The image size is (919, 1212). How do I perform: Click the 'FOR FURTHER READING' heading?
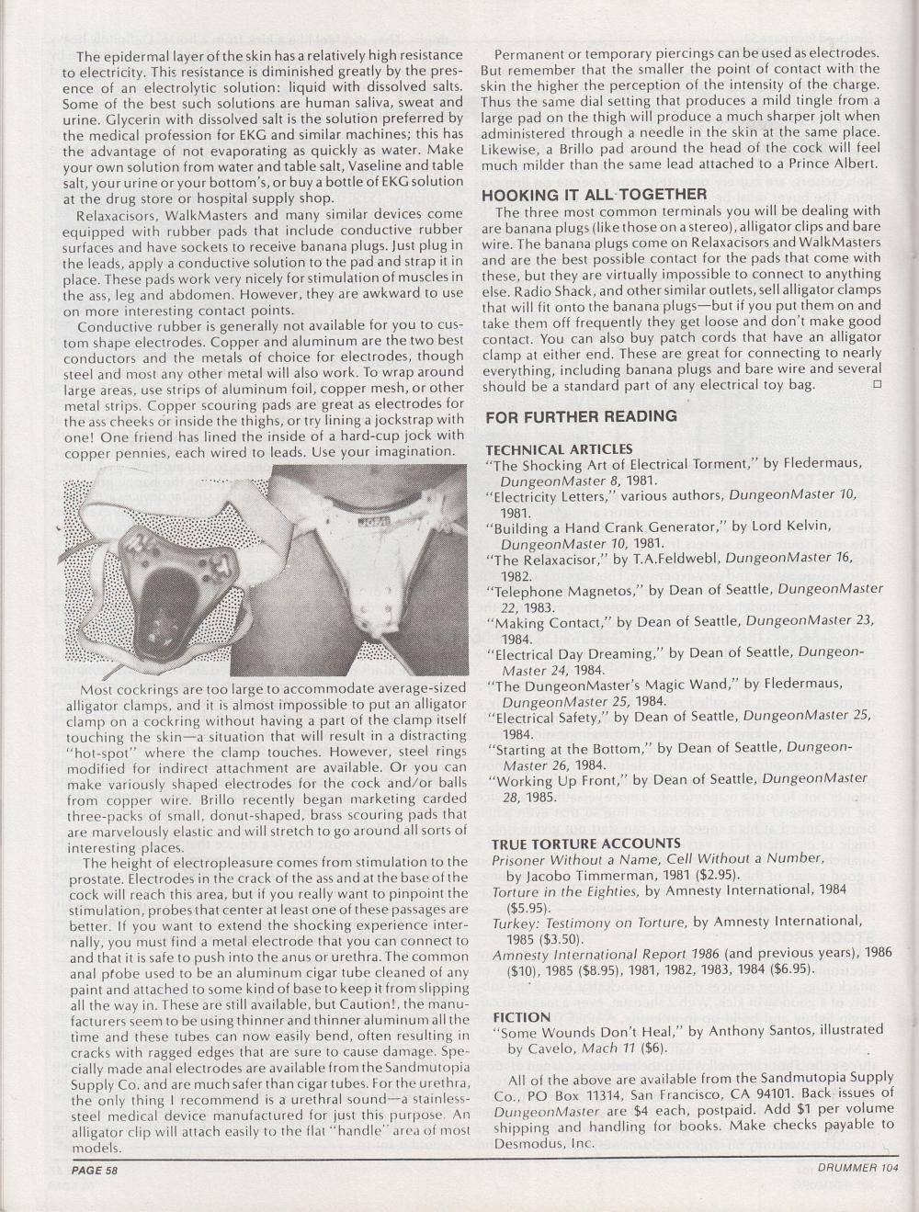[x=581, y=416]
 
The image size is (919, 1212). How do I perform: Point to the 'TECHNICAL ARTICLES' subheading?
[x=558, y=449]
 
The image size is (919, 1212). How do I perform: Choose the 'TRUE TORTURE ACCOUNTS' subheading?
[x=585, y=843]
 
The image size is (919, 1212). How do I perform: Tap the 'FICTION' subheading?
[x=521, y=1017]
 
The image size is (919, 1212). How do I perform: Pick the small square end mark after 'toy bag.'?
[x=876, y=383]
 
